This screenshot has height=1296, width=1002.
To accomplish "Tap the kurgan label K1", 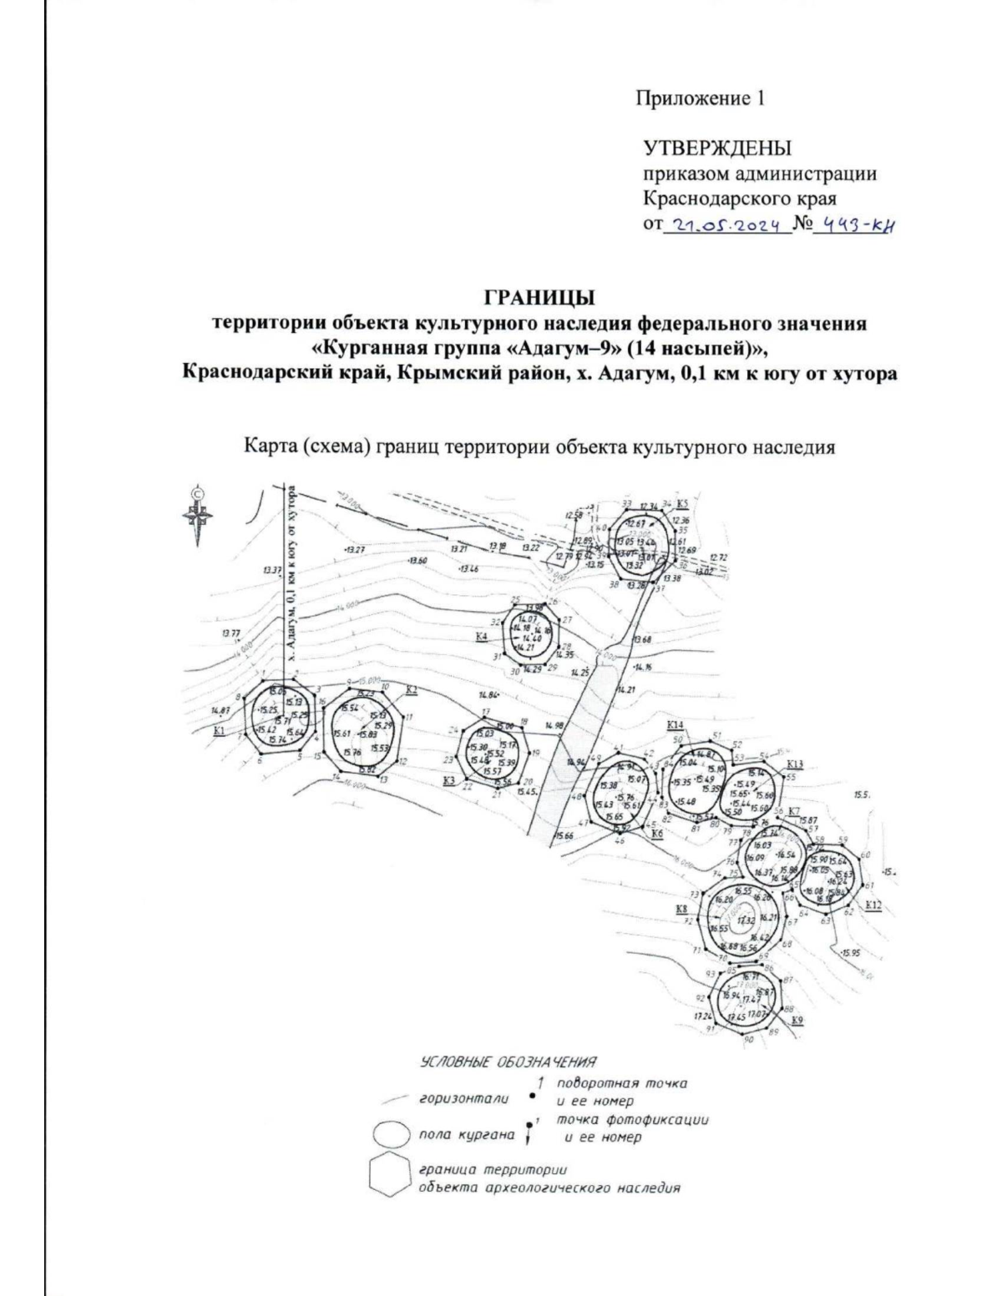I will (x=220, y=731).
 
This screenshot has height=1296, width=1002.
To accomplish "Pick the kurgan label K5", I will (x=682, y=504).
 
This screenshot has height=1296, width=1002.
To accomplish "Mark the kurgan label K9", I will (x=797, y=1021).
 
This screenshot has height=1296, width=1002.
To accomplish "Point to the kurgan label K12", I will (x=873, y=905).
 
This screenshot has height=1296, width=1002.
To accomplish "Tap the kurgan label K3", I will (x=449, y=780).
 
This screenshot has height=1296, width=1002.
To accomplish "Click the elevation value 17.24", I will (x=703, y=1016).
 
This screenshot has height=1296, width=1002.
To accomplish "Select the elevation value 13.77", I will (x=230, y=633).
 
